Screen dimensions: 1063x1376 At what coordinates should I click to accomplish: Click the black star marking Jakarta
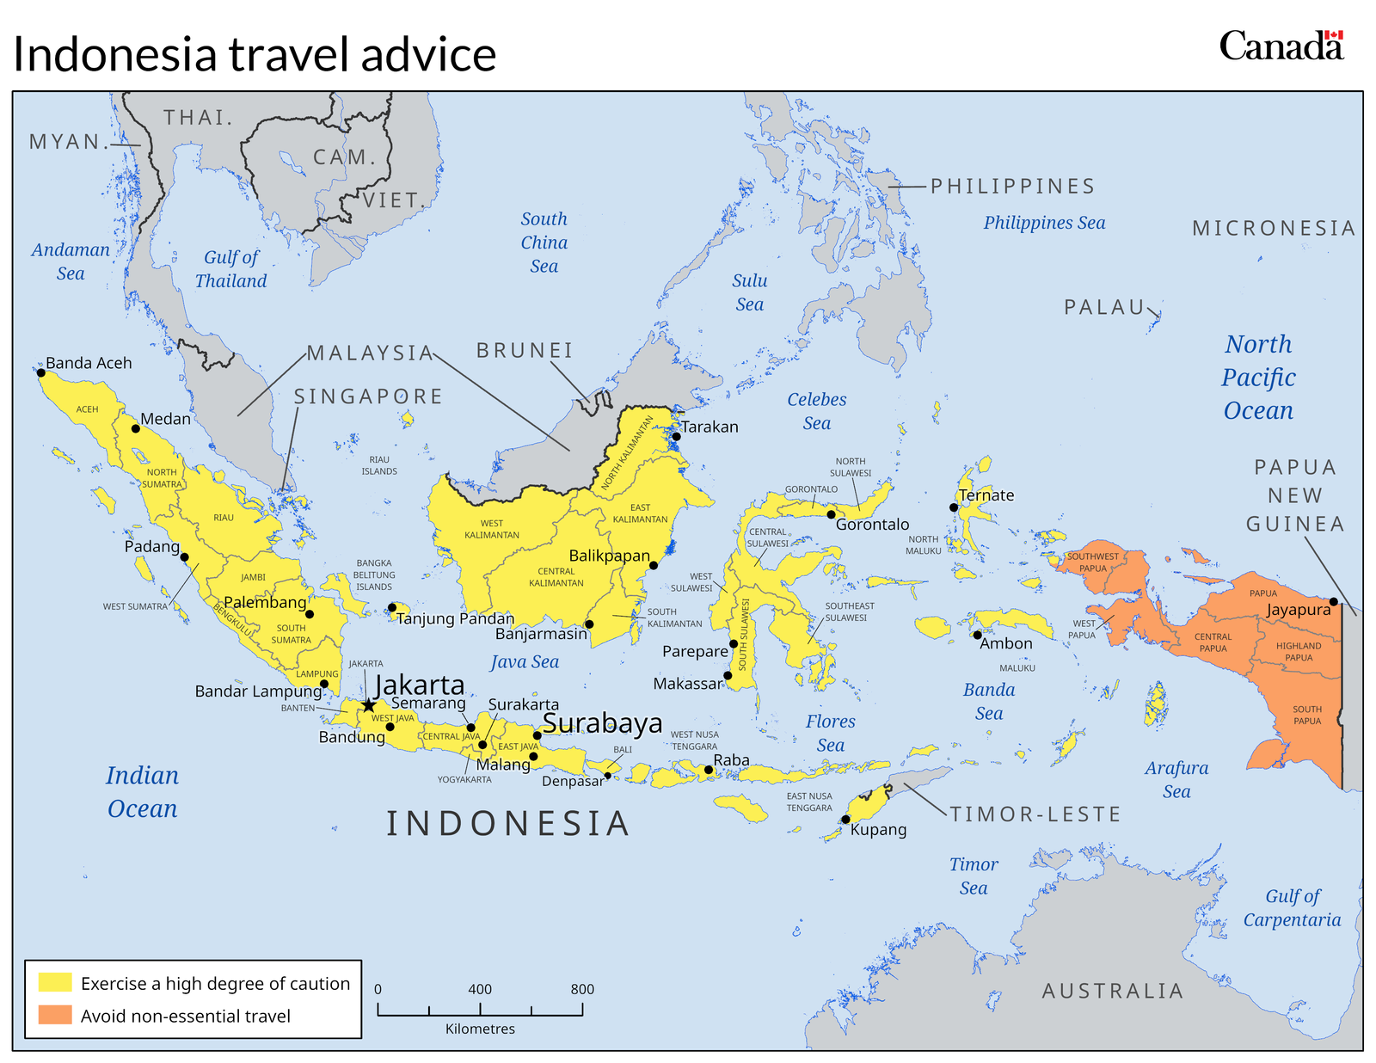coord(369,705)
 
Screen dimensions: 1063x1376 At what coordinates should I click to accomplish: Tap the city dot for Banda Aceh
coord(40,372)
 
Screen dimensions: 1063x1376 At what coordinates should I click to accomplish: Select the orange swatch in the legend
coord(55,1015)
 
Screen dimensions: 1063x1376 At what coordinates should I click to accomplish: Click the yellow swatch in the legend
coord(55,982)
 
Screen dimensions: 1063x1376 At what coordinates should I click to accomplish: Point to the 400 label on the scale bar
coord(480,989)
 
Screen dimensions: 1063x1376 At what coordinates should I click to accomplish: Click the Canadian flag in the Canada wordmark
coord(1333,36)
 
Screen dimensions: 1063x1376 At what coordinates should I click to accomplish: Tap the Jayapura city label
coord(1298,610)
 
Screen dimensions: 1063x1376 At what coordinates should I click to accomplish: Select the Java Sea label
coord(525,662)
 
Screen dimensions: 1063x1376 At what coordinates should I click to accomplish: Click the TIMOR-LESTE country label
coord(1035,814)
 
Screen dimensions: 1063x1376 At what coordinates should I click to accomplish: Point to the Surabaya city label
coord(602,723)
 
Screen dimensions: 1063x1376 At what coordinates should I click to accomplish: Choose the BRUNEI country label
coord(525,351)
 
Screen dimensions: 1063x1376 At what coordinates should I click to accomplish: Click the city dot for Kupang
coord(845,819)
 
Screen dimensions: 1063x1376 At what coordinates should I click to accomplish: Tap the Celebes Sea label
coord(817,411)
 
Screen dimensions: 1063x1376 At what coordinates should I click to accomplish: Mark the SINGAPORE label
coord(368,396)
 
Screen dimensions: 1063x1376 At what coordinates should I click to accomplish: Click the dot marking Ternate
coord(954,507)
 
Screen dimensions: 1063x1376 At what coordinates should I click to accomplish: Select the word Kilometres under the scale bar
coord(480,1029)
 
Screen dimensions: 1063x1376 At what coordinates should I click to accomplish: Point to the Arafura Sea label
coord(1176,779)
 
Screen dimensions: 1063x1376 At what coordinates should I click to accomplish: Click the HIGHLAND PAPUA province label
coord(1299,651)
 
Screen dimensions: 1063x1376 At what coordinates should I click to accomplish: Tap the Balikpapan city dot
coord(654,565)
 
